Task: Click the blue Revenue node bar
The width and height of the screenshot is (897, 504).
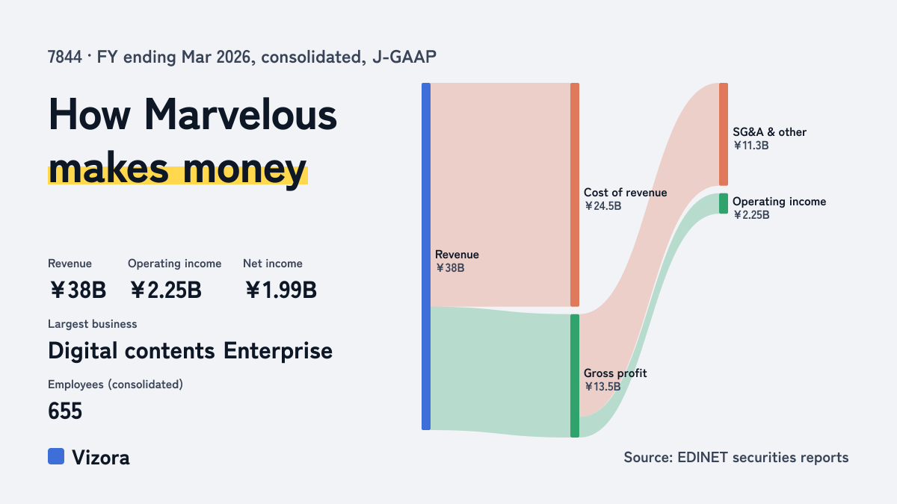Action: click(426, 256)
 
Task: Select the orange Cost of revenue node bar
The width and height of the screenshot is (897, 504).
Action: click(575, 195)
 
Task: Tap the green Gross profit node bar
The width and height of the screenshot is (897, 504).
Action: click(575, 376)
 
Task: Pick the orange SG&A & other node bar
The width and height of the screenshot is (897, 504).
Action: click(724, 134)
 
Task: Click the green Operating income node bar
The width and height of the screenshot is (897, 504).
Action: click(724, 204)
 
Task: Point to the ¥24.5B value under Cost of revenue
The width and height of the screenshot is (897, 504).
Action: click(602, 206)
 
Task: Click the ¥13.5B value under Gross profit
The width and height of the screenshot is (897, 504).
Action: click(602, 387)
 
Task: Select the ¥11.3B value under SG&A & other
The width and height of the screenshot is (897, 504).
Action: click(750, 146)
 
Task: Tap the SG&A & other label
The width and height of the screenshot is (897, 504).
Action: click(769, 132)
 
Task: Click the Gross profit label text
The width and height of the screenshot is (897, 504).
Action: click(615, 373)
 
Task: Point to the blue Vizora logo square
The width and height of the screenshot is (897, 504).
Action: click(56, 456)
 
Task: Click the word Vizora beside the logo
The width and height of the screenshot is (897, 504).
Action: click(100, 458)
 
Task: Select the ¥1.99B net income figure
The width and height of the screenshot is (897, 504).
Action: click(281, 290)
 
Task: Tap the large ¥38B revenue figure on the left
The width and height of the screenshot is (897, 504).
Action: click(78, 290)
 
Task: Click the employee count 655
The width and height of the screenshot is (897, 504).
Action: click(65, 411)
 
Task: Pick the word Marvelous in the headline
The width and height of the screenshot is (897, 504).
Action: click(240, 114)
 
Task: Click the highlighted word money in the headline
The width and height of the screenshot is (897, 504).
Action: click(244, 169)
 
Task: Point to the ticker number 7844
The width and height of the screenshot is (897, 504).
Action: click(64, 57)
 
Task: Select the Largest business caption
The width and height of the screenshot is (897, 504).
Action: click(92, 324)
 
